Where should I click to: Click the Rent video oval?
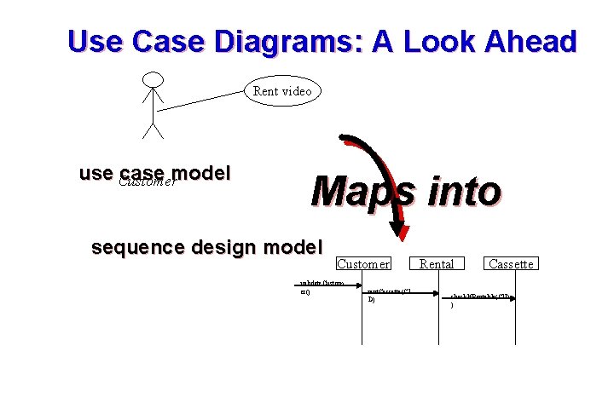click(x=282, y=90)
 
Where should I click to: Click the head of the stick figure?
click(x=153, y=79)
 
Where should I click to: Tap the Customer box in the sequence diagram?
click(x=363, y=264)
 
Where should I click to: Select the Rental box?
click(x=437, y=264)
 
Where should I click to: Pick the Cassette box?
click(x=511, y=264)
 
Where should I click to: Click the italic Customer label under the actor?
click(x=148, y=181)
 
